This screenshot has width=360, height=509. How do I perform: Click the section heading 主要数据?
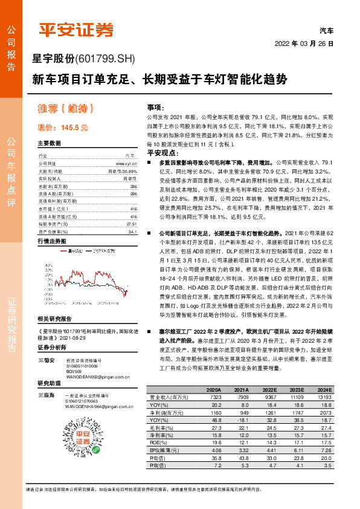tap(50, 143)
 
